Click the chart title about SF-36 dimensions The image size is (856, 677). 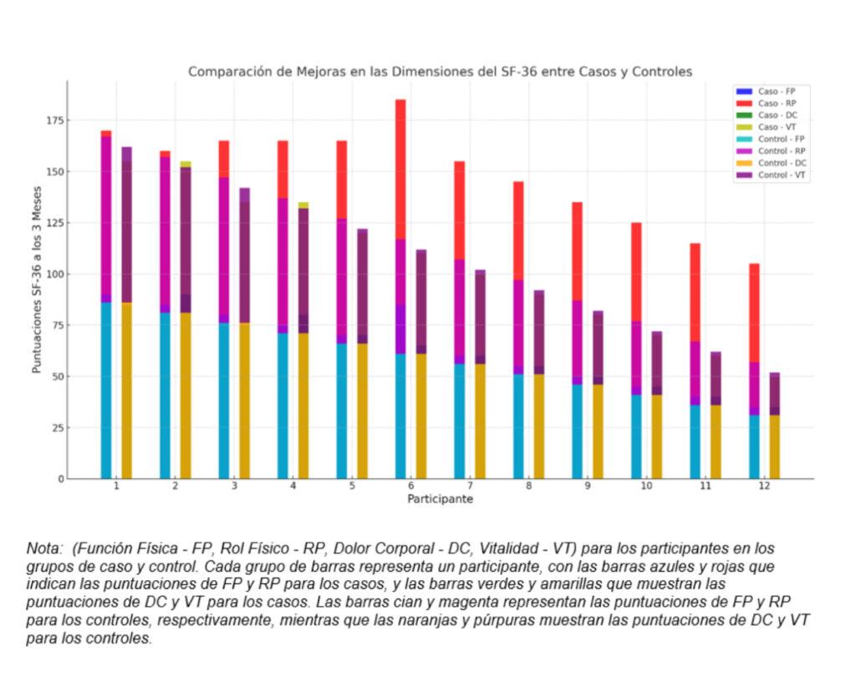[x=440, y=72]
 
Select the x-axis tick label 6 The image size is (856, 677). [x=410, y=486]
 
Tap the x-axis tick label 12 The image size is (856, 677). [x=764, y=486]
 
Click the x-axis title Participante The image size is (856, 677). [x=440, y=500]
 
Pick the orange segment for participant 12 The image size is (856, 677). [x=775, y=447]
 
